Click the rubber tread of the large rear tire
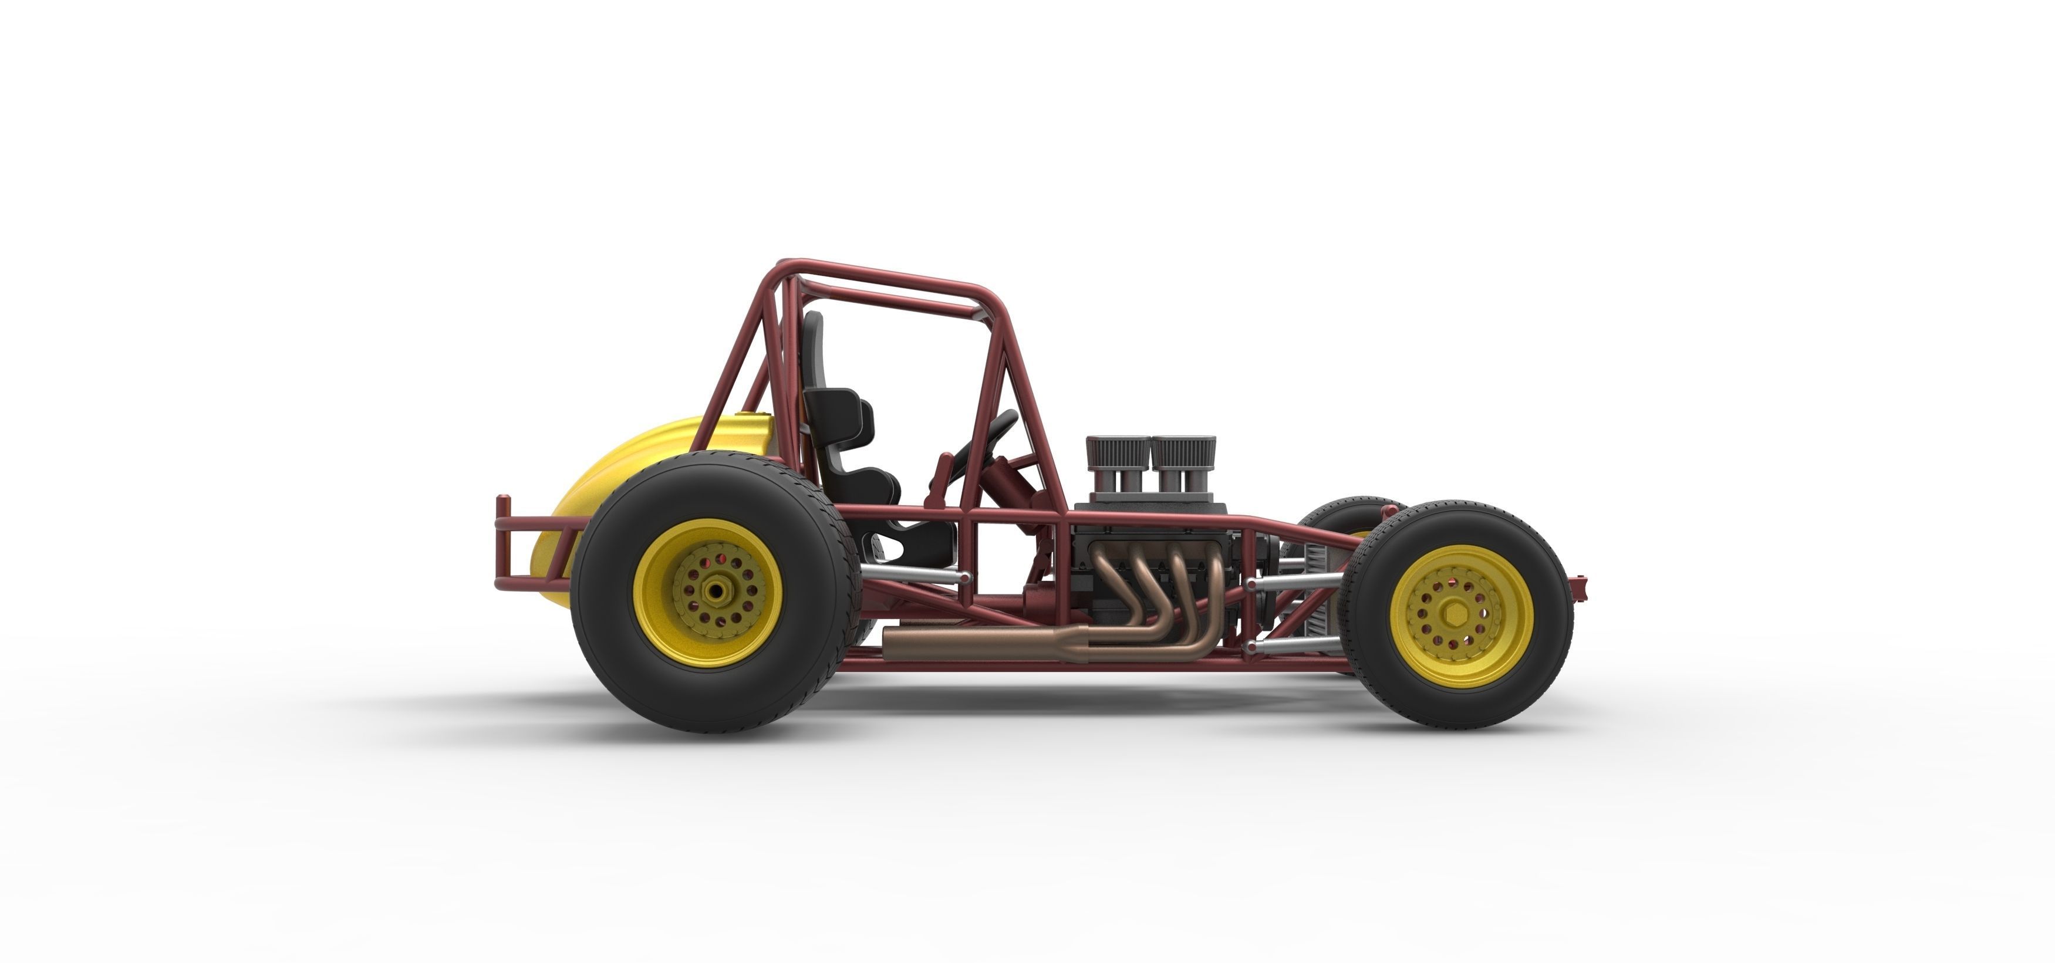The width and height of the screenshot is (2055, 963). [606, 638]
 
